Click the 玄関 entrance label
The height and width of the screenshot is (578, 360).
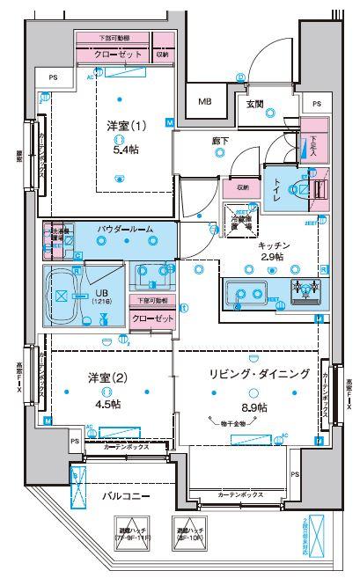pos(255,104)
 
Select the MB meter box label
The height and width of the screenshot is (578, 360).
pos(204,101)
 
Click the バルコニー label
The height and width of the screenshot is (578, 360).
pos(123,496)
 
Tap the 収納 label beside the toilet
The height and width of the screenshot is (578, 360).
pos(242,187)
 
